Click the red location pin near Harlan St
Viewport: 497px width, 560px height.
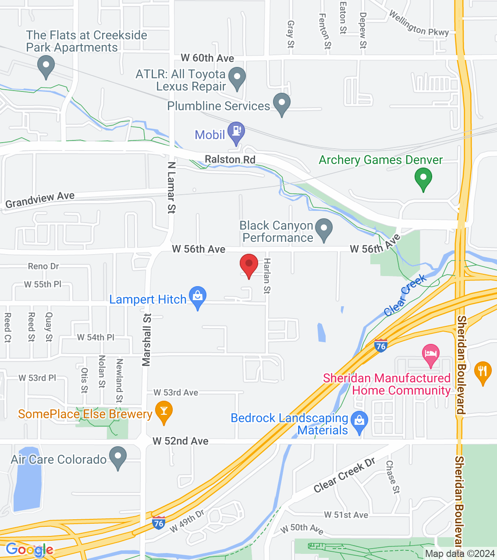click(x=249, y=264)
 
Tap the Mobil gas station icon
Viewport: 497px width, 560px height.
click(x=237, y=132)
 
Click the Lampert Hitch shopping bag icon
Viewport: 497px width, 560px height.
click(x=198, y=296)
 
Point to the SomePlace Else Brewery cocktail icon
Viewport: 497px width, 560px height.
click(x=164, y=411)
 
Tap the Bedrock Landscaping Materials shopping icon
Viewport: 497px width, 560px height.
click(x=360, y=422)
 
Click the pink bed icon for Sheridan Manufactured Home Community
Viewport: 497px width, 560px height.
click(x=431, y=354)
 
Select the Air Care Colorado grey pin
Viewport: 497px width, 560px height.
click(x=118, y=456)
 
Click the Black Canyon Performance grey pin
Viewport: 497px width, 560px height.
click(x=324, y=229)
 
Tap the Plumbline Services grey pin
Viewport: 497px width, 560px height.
click(x=282, y=103)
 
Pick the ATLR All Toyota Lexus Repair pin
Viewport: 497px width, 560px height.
click(x=237, y=77)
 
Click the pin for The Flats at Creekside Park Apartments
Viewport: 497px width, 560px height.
click(x=46, y=66)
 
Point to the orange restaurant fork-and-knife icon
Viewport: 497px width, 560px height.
click(x=483, y=371)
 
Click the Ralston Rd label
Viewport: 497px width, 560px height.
click(x=230, y=160)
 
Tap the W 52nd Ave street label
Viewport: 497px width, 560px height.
click(x=181, y=441)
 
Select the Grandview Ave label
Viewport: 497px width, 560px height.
click(x=40, y=200)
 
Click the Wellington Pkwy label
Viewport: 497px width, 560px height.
click(x=419, y=24)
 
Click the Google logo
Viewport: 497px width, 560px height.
click(x=29, y=549)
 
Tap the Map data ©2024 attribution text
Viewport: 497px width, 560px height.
click(x=460, y=554)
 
